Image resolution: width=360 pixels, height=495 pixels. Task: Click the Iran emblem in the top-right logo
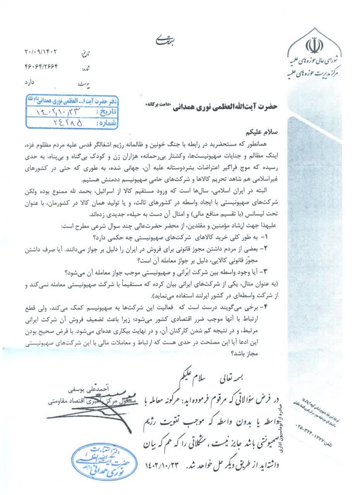(313, 47)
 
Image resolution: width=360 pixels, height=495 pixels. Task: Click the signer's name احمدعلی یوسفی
(78, 383)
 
